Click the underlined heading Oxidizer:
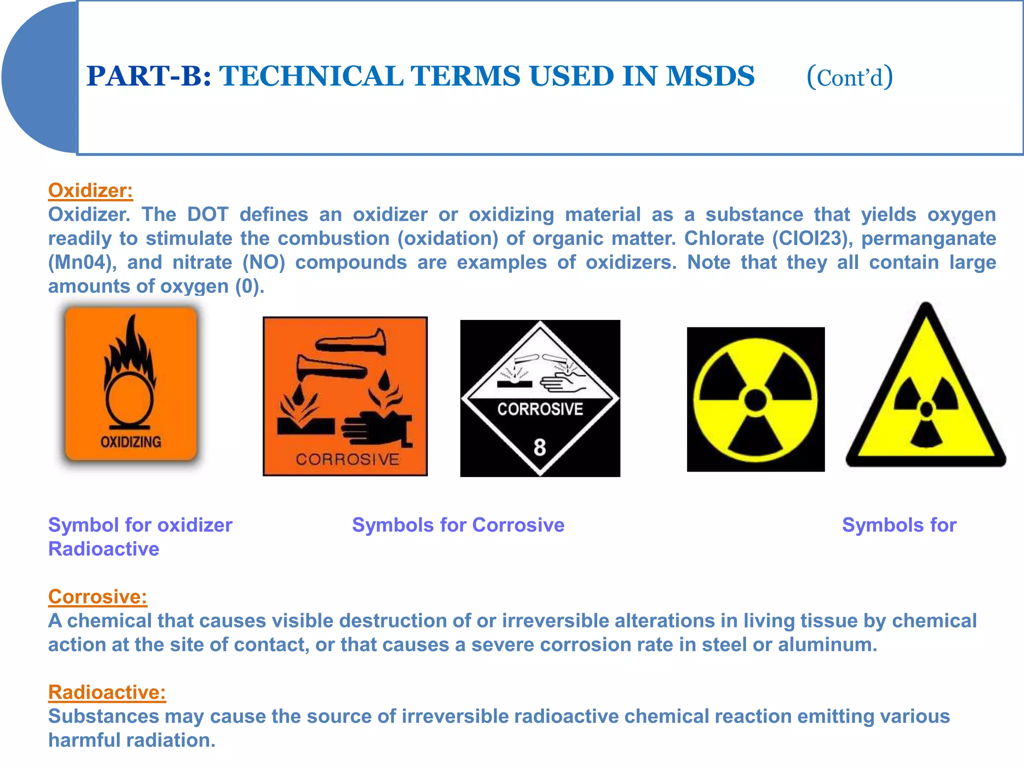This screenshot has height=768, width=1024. click(90, 190)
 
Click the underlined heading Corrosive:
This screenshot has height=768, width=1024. click(97, 596)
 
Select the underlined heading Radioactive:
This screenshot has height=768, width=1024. click(107, 692)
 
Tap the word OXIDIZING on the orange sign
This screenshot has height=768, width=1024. click(131, 442)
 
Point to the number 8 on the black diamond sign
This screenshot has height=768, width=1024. click(539, 447)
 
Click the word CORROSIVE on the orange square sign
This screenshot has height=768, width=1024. click(347, 459)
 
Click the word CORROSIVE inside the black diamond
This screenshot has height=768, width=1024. click(540, 409)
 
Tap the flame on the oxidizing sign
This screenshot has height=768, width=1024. click(131, 350)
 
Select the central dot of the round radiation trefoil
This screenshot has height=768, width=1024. click(755, 400)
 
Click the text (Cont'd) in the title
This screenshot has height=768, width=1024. click(849, 77)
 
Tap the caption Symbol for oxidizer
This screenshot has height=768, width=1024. click(140, 525)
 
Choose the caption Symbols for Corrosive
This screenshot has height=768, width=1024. click(458, 525)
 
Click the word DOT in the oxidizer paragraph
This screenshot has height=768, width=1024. click(207, 214)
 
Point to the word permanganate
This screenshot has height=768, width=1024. click(928, 238)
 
